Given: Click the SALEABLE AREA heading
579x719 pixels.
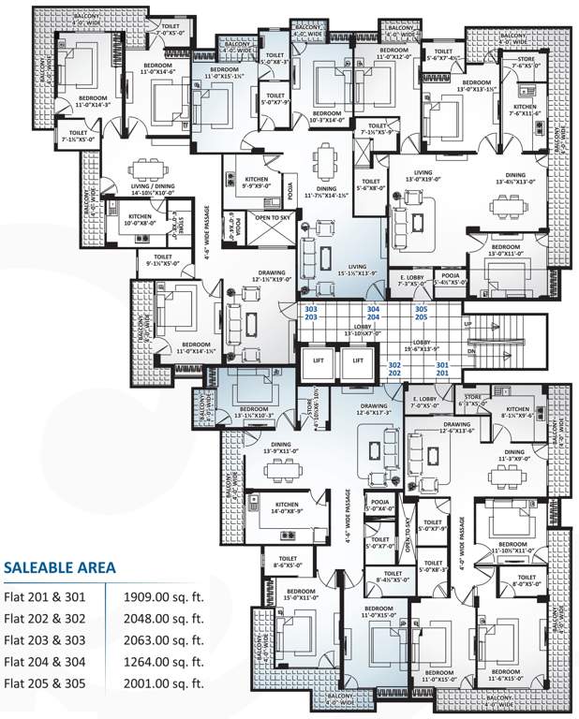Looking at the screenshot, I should point(60,566).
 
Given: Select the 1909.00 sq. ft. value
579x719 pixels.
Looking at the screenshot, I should point(163,594).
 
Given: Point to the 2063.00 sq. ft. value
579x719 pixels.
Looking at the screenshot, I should point(163,638).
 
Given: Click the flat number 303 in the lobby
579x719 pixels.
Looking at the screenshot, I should point(312,308).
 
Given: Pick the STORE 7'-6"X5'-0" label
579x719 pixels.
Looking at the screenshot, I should point(526,63).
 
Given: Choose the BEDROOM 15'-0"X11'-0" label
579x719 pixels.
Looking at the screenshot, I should point(301,594).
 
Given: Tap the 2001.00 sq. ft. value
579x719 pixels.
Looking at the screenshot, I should point(163,683).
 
